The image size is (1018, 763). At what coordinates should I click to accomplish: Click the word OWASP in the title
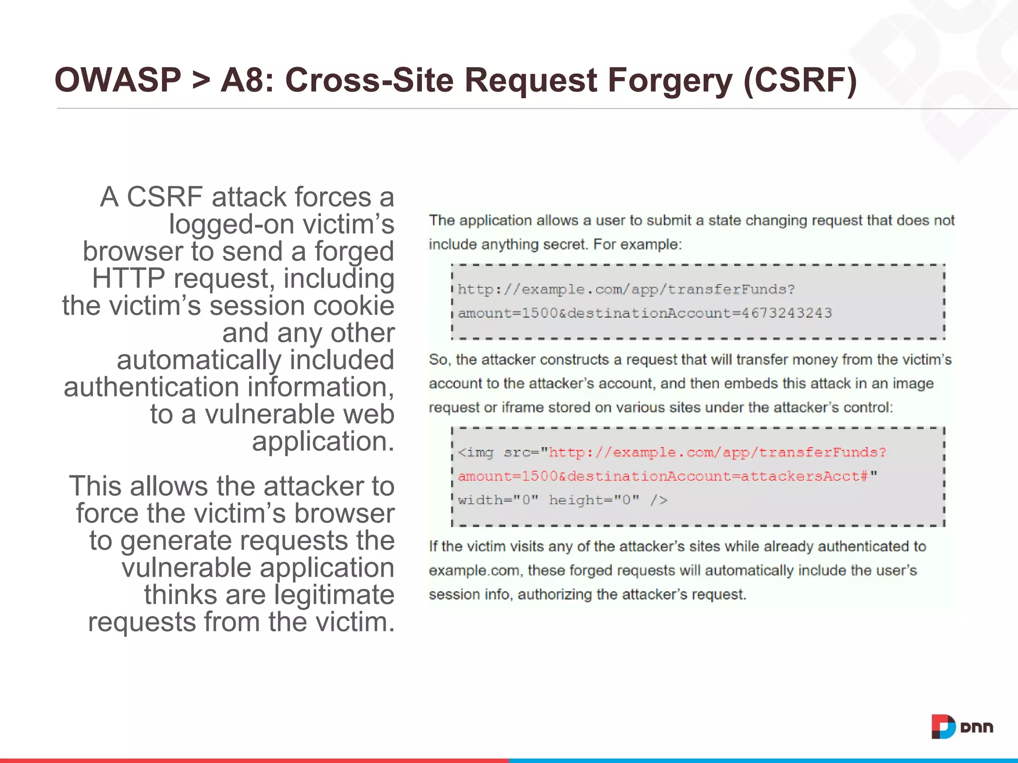click(118, 80)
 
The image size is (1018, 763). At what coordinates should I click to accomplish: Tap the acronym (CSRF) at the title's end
click(800, 80)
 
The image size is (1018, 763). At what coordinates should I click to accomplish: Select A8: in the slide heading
click(247, 80)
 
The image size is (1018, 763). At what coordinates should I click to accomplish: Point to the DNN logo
click(962, 727)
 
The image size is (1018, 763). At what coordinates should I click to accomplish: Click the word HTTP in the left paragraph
click(128, 278)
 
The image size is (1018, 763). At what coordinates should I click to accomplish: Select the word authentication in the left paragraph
click(152, 387)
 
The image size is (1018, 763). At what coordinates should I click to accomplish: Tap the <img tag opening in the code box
click(476, 453)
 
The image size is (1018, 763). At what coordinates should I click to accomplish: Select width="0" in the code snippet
click(498, 500)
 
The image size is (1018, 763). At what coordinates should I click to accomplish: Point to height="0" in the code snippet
click(594, 500)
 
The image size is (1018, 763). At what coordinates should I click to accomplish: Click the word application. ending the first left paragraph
click(323, 441)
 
